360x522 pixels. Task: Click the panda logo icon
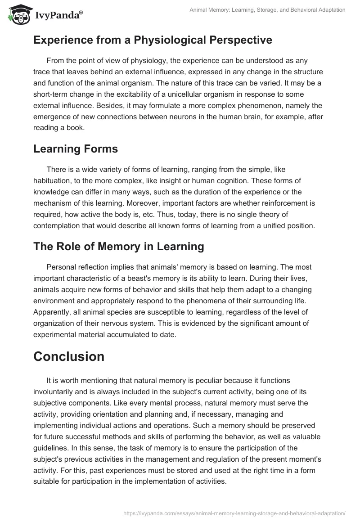[18, 15]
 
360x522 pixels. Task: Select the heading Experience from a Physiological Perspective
[153, 40]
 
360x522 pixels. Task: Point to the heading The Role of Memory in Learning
[119, 246]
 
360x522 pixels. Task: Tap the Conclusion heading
[69, 356]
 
